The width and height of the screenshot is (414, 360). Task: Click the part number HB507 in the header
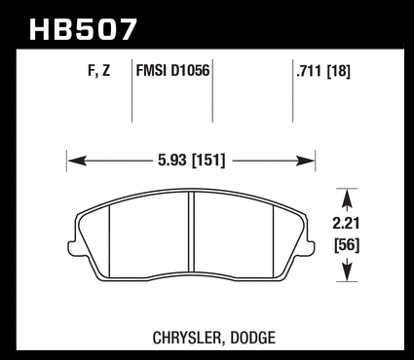click(83, 29)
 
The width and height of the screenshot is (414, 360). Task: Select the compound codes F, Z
click(99, 71)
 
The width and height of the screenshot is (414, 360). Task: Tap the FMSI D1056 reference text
click(172, 70)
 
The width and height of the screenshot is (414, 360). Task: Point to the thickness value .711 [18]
click(323, 71)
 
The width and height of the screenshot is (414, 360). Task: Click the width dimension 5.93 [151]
click(191, 161)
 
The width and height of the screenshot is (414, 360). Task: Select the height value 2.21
click(346, 224)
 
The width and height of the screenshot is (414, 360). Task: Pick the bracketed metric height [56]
click(347, 245)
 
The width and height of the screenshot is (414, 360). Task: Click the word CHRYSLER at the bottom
click(188, 338)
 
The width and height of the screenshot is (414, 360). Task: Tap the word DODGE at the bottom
click(253, 338)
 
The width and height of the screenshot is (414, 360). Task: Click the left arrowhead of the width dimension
click(77, 161)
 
